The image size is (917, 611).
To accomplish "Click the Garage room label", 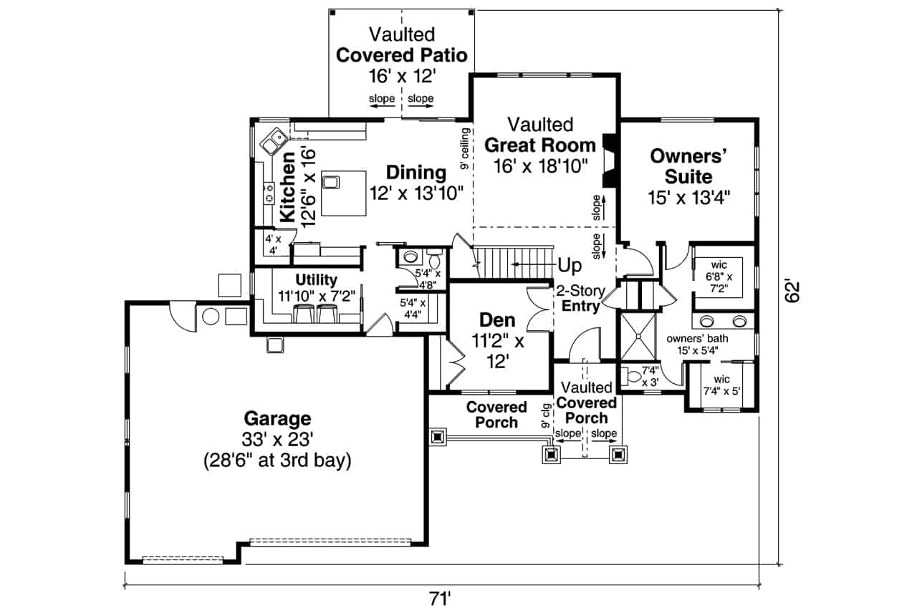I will (x=277, y=418).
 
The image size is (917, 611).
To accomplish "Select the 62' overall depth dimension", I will (x=791, y=291).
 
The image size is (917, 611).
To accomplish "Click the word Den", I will (x=498, y=320).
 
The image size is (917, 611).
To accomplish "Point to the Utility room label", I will (x=316, y=280).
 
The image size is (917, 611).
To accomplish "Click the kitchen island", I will (x=342, y=193).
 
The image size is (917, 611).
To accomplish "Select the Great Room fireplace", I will (x=609, y=162).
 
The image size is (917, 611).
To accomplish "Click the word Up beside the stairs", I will (x=570, y=266).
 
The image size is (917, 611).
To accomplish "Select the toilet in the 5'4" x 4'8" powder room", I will (x=411, y=256).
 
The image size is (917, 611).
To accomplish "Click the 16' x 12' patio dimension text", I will (x=401, y=76).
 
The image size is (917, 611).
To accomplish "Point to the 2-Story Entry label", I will (x=580, y=299).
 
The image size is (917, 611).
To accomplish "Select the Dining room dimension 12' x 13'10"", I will (x=417, y=193).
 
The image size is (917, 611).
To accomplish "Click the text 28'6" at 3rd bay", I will (x=277, y=461).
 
